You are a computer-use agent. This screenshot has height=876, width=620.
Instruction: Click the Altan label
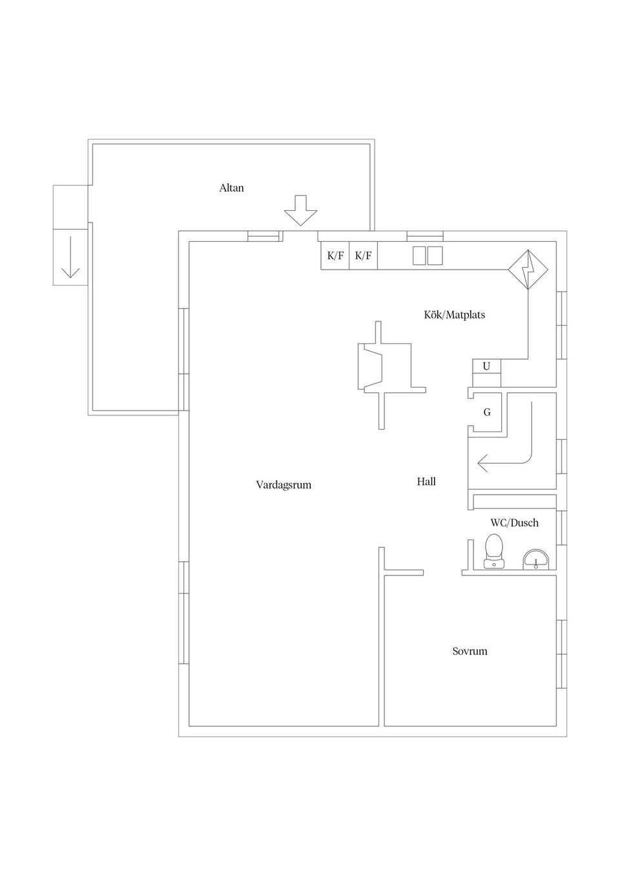pyautogui.click(x=231, y=188)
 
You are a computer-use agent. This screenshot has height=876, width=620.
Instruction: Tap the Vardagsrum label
pyautogui.click(x=284, y=484)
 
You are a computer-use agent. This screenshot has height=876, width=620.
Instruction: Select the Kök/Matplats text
pyautogui.click(x=454, y=315)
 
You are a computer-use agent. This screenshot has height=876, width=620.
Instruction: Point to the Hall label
pyautogui.click(x=426, y=481)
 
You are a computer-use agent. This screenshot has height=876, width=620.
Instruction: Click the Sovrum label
pyautogui.click(x=470, y=651)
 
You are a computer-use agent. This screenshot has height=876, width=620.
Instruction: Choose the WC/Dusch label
pyautogui.click(x=514, y=523)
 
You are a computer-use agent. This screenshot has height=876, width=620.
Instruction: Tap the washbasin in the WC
pyautogui.click(x=535, y=559)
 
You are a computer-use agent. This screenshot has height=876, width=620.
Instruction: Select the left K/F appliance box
pyautogui.click(x=335, y=255)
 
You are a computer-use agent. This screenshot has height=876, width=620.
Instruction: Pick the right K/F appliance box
pyautogui.click(x=363, y=255)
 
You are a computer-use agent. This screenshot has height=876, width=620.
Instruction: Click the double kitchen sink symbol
pyautogui.click(x=428, y=255)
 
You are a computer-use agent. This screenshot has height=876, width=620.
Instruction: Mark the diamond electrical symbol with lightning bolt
pyautogui.click(x=528, y=269)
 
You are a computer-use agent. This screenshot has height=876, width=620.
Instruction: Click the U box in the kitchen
pyautogui.click(x=486, y=366)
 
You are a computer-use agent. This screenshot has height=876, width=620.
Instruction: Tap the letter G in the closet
pyautogui.click(x=487, y=412)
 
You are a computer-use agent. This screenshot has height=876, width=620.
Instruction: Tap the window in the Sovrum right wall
pyautogui.click(x=561, y=653)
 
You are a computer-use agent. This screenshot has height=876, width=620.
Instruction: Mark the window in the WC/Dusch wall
pyautogui.click(x=561, y=528)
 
